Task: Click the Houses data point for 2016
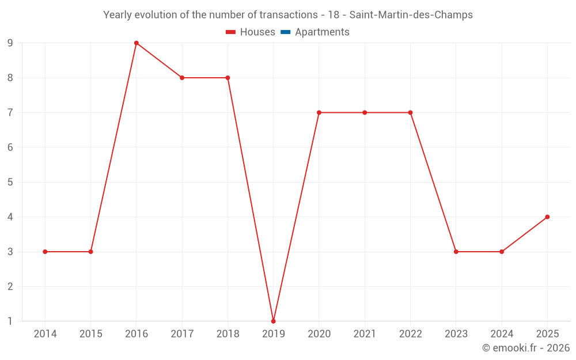(x=137, y=43)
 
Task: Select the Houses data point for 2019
(x=273, y=321)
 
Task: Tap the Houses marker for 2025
(x=547, y=217)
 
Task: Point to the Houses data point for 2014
(x=45, y=252)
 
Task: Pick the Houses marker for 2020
(x=319, y=112)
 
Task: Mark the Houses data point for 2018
(x=228, y=78)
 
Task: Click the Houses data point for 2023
(x=456, y=252)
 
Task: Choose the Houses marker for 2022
(x=410, y=112)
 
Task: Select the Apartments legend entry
(x=322, y=32)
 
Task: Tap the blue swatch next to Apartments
(x=285, y=32)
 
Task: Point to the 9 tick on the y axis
(x=10, y=43)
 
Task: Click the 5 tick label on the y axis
(x=10, y=182)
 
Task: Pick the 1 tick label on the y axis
(x=10, y=321)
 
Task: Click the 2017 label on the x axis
(x=182, y=334)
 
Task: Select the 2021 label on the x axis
(x=365, y=334)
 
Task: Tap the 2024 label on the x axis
(x=502, y=334)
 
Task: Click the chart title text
(x=288, y=15)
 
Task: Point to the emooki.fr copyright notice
(x=526, y=348)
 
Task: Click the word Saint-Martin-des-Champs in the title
(x=411, y=15)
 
